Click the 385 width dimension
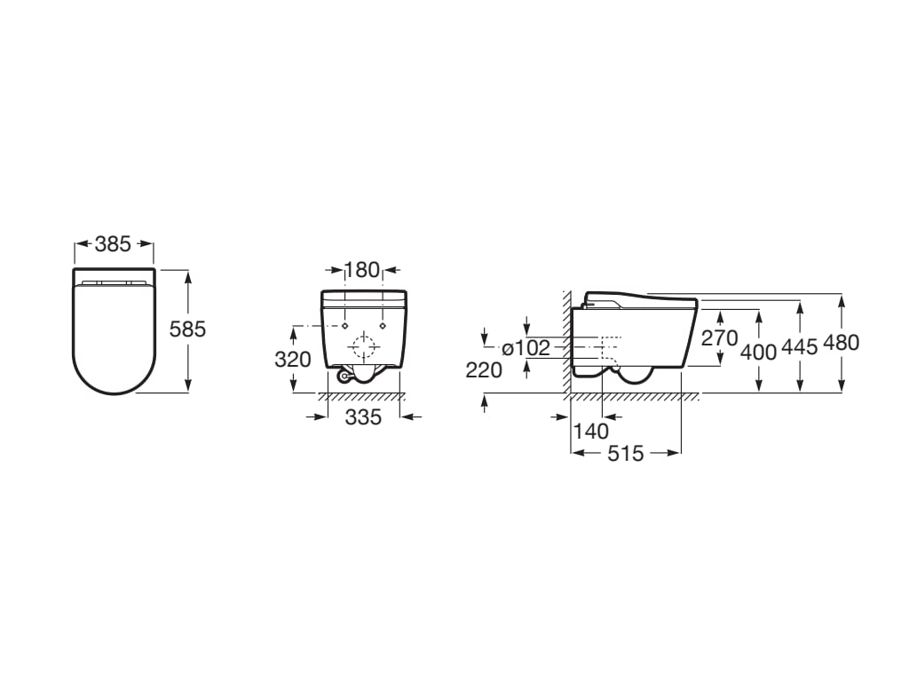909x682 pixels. tap(113, 244)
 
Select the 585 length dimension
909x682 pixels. tap(188, 329)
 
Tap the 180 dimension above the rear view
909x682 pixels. tap(362, 270)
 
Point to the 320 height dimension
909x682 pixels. tap(293, 360)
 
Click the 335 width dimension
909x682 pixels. tap(363, 416)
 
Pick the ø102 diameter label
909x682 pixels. tap(526, 348)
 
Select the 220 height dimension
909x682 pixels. tap(484, 370)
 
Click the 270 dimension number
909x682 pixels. tap(719, 337)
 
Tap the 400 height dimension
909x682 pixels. tap(759, 352)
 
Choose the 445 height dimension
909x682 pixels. tap(800, 347)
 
